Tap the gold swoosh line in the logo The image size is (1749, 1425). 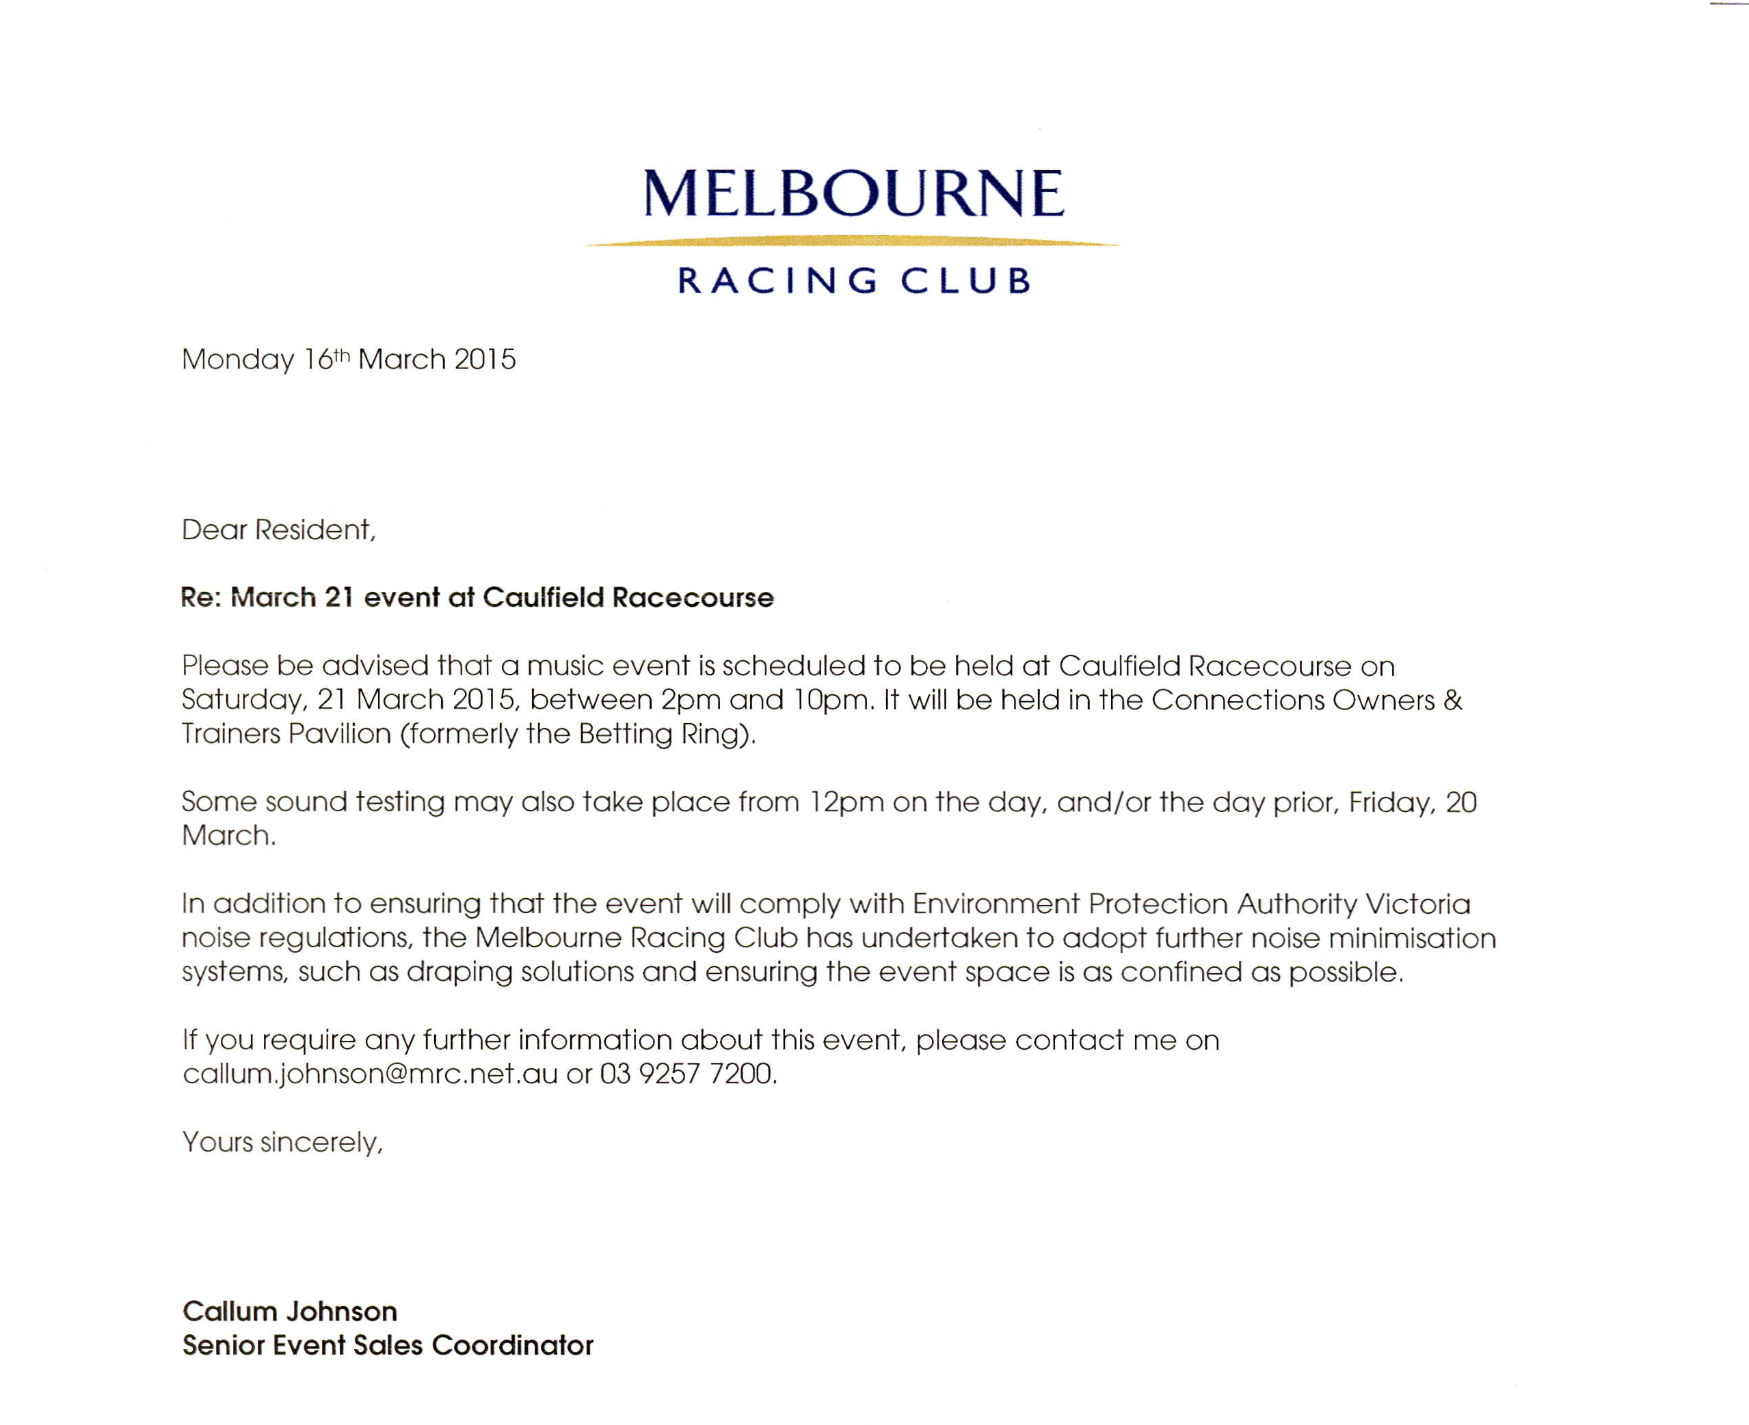click(x=851, y=241)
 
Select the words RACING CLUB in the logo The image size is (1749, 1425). click(x=853, y=281)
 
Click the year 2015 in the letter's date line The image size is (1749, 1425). click(x=485, y=359)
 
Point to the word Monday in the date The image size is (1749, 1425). click(x=238, y=359)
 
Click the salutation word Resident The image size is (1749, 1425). click(x=315, y=530)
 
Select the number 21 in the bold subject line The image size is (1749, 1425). click(x=338, y=597)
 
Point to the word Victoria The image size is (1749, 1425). click(x=1418, y=904)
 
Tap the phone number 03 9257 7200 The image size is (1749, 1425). click(x=687, y=1074)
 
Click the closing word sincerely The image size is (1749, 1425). click(x=321, y=1143)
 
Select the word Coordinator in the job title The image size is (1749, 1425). click(x=511, y=1345)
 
